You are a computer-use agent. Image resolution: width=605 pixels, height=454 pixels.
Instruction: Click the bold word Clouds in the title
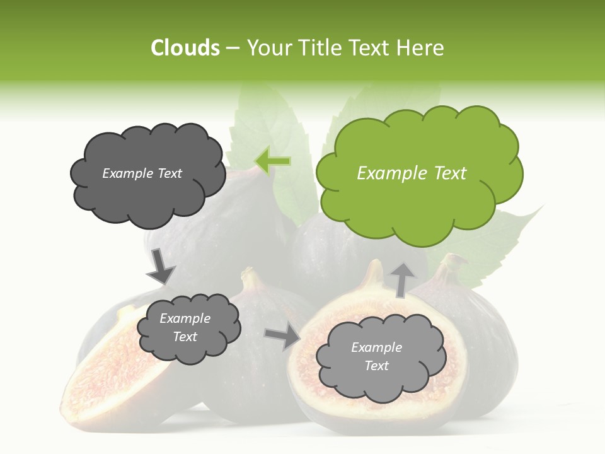[x=185, y=48]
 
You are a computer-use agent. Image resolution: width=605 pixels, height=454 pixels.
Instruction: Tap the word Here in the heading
[x=421, y=48]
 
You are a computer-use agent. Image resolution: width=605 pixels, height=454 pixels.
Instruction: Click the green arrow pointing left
[x=273, y=161]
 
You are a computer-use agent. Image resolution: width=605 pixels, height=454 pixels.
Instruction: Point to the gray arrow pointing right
[x=282, y=337]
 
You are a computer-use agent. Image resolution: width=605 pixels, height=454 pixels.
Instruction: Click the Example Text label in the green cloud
[x=412, y=173]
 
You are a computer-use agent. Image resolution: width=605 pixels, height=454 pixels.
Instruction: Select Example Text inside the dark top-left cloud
[x=142, y=173]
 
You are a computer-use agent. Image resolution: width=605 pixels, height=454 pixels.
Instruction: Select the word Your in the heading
[x=269, y=48]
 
